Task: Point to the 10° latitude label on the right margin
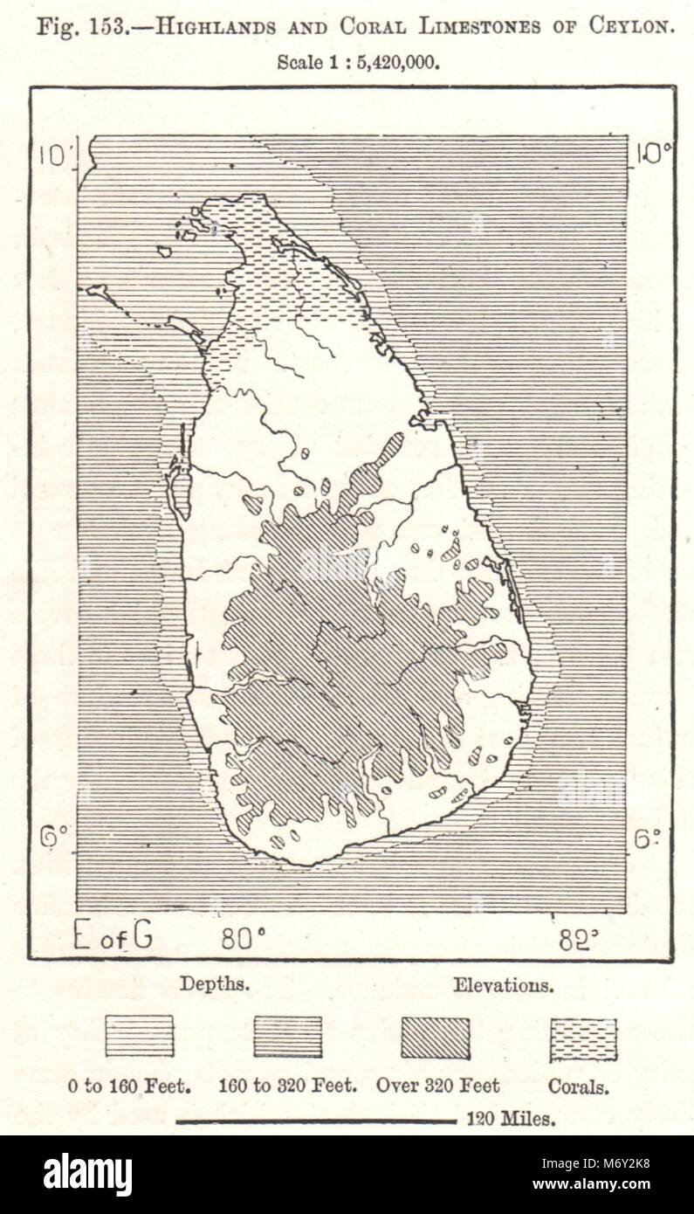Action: pyautogui.click(x=653, y=154)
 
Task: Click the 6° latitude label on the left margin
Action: pyautogui.click(x=55, y=838)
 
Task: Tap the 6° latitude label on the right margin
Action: pyautogui.click(x=646, y=839)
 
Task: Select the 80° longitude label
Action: pyautogui.click(x=244, y=938)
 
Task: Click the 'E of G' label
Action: pyautogui.click(x=113, y=935)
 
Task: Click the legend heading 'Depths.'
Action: pyautogui.click(x=215, y=983)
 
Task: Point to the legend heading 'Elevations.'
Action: pyautogui.click(x=503, y=985)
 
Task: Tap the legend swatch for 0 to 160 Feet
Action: pyautogui.click(x=140, y=1036)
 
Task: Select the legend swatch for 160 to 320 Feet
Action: pyautogui.click(x=287, y=1036)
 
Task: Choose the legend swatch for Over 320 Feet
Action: pyautogui.click(x=435, y=1038)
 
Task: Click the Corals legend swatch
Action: pyautogui.click(x=582, y=1039)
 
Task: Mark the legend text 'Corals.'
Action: pyautogui.click(x=578, y=1086)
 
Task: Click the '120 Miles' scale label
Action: pyautogui.click(x=511, y=1120)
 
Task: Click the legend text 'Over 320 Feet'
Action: pyautogui.click(x=437, y=1086)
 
